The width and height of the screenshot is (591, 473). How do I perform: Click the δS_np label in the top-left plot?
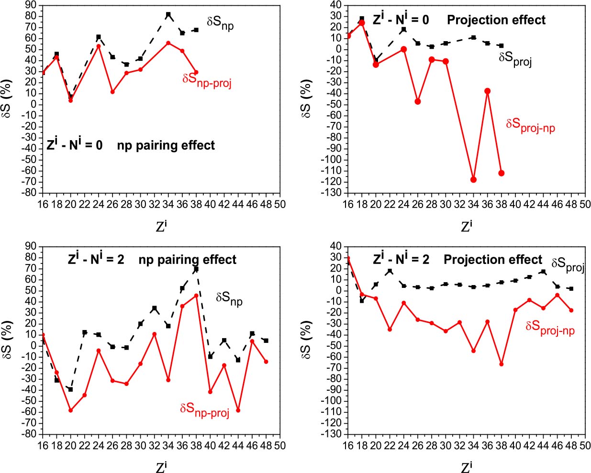[220, 22]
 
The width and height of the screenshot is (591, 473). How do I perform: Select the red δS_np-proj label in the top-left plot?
[207, 80]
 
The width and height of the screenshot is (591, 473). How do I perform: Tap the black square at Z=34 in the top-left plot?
[168, 15]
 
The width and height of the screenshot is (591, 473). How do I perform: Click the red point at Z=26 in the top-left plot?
[112, 91]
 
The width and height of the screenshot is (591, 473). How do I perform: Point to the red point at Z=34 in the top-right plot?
[474, 179]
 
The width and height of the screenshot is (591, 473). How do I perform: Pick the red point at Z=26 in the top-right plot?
[418, 101]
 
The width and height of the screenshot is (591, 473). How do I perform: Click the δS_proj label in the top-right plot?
[515, 59]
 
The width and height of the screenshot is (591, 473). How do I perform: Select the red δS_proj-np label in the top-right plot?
[530, 125]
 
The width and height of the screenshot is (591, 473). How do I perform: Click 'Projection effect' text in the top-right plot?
[496, 20]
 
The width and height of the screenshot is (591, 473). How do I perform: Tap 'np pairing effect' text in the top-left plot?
[166, 145]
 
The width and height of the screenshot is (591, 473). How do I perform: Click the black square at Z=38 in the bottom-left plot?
[196, 269]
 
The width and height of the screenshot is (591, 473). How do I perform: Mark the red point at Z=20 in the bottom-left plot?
[70, 410]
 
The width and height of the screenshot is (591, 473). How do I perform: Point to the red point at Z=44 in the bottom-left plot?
[238, 410]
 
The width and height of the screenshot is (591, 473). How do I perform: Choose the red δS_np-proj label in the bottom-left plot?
[205, 410]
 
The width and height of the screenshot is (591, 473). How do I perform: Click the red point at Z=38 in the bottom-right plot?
[502, 364]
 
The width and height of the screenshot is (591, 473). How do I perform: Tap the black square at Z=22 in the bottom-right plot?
[390, 271]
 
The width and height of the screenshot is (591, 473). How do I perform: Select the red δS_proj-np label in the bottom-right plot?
[550, 328]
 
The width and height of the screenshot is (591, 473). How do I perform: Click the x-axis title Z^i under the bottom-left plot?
[161, 466]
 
